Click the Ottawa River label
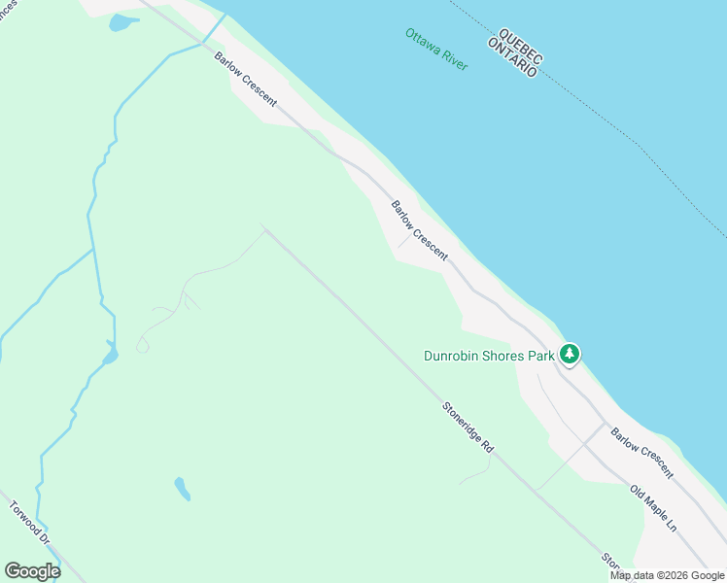coord(436,49)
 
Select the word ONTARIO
coord(511,55)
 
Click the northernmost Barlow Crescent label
coord(246,79)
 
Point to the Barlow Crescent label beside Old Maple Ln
coord(641,453)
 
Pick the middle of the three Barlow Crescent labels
coord(419,230)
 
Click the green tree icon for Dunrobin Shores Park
coord(570,355)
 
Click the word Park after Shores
coord(541,356)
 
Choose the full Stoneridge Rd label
coord(467,428)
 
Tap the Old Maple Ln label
coord(652,509)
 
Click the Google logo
coord(32,571)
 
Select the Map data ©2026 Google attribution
coord(667,575)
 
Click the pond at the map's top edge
coord(123,22)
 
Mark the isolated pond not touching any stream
coord(182,488)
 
